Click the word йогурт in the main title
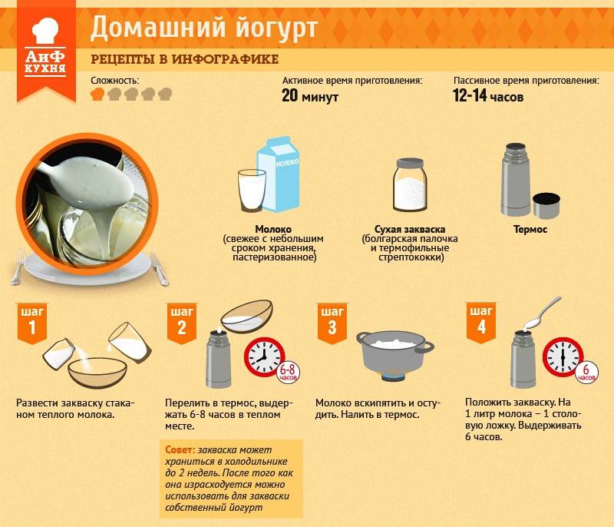pyautogui.click(x=277, y=28)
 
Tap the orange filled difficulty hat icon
pyautogui.click(x=97, y=94)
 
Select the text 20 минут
pyautogui.click(x=310, y=95)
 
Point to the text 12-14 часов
pyautogui.click(x=488, y=95)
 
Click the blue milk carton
pyautogui.click(x=279, y=174)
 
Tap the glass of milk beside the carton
pyautogui.click(x=252, y=191)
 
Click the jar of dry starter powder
pyautogui.click(x=410, y=185)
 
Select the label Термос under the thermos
pyautogui.click(x=530, y=229)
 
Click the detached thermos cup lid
pyautogui.click(x=546, y=205)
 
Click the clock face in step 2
pyautogui.click(x=264, y=356)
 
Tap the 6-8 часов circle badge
pyautogui.click(x=289, y=372)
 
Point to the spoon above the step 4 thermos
pyautogui.click(x=542, y=312)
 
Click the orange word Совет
pyautogui.click(x=180, y=450)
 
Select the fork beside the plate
pyautogui.click(x=18, y=267)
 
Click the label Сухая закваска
pyautogui.click(x=410, y=229)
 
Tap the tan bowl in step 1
pyautogui.click(x=97, y=373)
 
